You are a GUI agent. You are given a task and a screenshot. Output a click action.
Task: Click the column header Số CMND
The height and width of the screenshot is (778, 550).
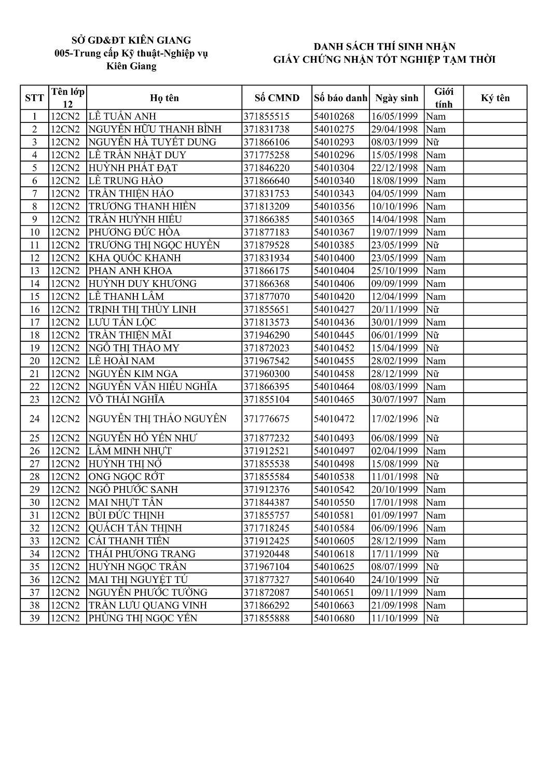pos(277,98)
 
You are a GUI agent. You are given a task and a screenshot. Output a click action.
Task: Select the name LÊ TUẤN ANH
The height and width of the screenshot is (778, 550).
pos(122,116)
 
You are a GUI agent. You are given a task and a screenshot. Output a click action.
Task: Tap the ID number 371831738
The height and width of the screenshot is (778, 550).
pos(267,129)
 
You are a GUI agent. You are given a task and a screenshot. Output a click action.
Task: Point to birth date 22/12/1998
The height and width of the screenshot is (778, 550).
pos(394,168)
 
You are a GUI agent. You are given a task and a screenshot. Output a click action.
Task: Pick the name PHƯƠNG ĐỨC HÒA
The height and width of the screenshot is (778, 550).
pos(134,232)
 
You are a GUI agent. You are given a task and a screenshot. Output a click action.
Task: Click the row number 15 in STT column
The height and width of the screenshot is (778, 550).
pos(35,296)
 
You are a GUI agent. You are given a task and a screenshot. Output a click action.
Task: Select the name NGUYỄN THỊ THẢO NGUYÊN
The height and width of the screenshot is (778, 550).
pos(158,419)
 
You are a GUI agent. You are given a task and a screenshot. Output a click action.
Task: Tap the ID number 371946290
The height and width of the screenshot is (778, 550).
pos(267,335)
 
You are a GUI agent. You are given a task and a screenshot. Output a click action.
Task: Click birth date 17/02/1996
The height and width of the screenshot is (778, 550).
pos(394,419)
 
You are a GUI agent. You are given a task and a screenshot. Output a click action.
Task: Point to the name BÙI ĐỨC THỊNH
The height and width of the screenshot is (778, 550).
pos(126,515)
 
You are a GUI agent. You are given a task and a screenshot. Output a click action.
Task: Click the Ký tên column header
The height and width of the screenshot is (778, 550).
pos(495,98)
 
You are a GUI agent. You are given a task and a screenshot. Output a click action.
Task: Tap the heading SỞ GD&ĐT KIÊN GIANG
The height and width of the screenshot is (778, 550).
pos(131,40)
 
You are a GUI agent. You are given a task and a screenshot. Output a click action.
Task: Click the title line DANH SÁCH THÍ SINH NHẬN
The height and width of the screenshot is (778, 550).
pos(384,47)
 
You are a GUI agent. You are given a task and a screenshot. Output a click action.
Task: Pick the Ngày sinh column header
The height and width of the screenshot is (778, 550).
pos(396,98)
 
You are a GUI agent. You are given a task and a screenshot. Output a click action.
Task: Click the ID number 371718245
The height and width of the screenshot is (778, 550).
pos(267,528)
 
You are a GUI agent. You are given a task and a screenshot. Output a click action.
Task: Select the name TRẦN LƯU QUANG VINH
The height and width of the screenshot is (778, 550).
pos(148,605)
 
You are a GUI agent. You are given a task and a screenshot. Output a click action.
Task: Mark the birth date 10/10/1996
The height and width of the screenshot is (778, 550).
pos(394,206)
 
